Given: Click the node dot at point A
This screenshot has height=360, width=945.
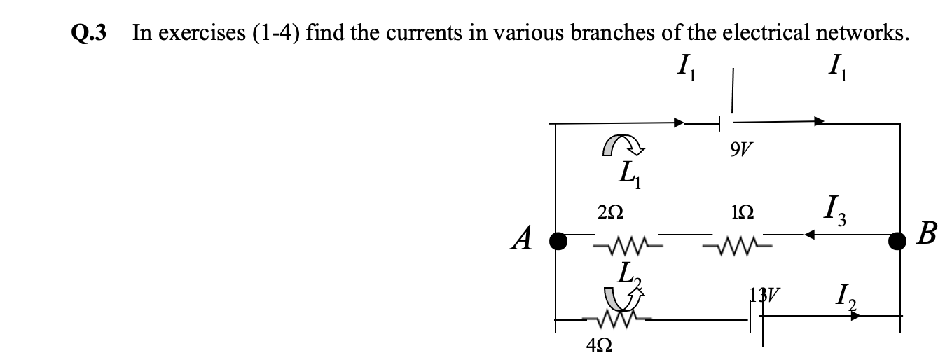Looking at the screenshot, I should click(x=557, y=241).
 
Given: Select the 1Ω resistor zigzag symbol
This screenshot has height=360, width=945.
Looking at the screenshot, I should click(x=731, y=247).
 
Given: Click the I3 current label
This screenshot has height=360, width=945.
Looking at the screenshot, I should click(x=836, y=208).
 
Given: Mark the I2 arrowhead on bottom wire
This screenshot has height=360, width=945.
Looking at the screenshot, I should click(x=855, y=316).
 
